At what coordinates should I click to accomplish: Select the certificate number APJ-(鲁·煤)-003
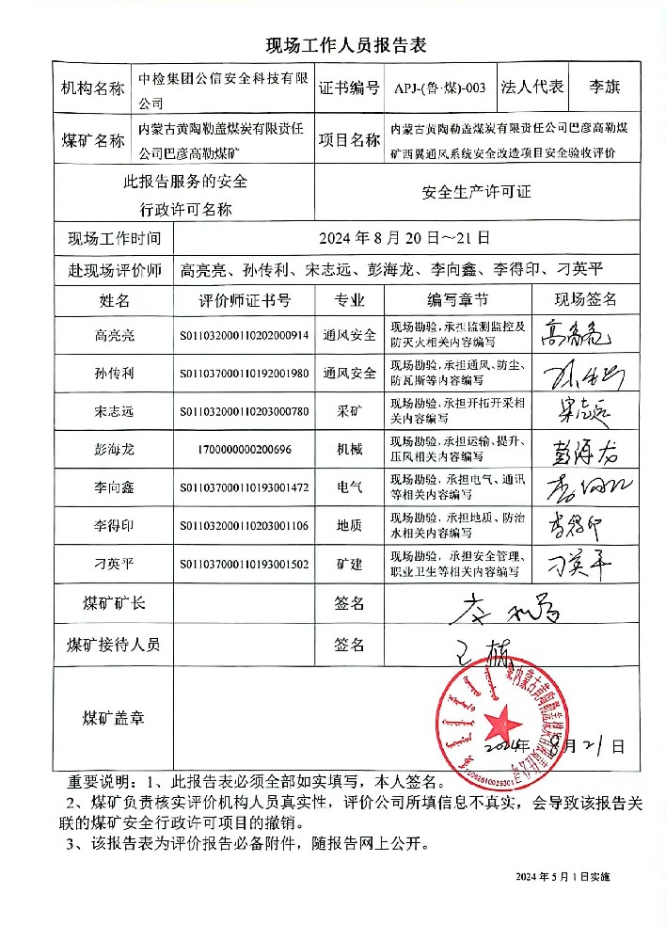coord(442,88)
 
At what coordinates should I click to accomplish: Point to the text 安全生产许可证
coord(477,191)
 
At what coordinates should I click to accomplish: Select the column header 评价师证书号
coord(245,300)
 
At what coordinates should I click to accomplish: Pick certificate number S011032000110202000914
coord(245,335)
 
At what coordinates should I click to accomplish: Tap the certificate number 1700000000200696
coord(245,450)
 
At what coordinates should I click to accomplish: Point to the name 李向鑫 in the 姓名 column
coord(115,488)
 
